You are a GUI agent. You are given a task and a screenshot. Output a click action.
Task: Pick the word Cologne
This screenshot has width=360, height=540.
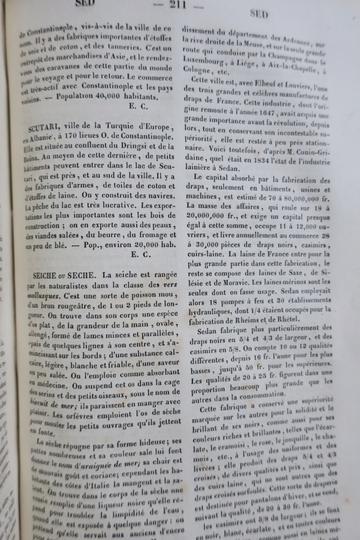pos(196,71)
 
